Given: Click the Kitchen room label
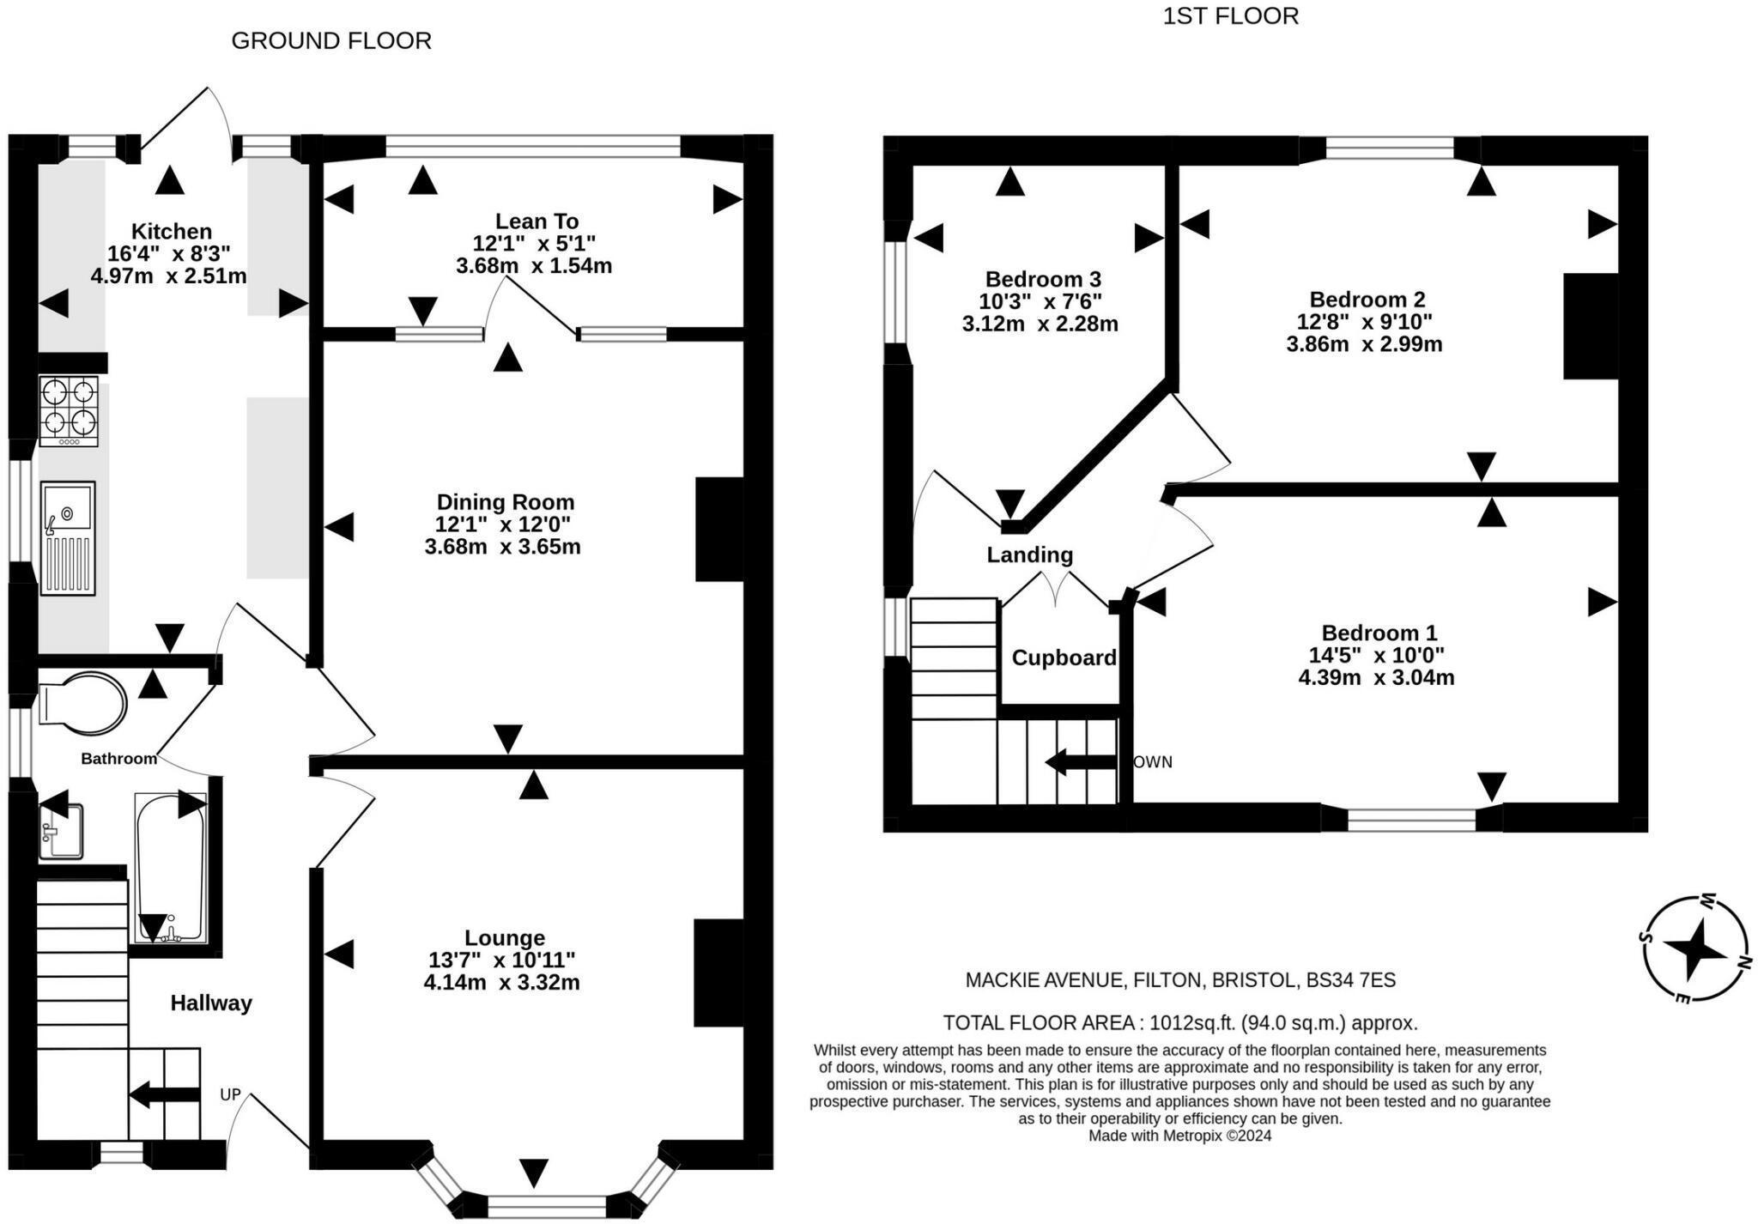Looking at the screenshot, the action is [x=172, y=231].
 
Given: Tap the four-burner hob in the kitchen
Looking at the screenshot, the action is [x=69, y=411].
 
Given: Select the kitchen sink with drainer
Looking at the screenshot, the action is [x=68, y=538].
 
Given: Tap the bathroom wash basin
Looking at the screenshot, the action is [x=61, y=830].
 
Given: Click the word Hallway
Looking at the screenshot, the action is [x=211, y=1003].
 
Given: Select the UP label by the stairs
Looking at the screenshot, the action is [x=230, y=1094].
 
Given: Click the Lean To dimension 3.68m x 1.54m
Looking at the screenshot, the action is [x=534, y=265].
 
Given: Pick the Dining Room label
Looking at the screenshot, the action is [x=506, y=502].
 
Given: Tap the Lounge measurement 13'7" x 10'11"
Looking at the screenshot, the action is [x=502, y=960].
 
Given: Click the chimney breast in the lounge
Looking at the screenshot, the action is [x=718, y=973].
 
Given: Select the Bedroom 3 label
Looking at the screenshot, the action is [x=1043, y=279].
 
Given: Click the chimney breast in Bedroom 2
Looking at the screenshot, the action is [x=1591, y=326].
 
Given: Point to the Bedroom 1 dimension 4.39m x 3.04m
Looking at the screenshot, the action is [x=1376, y=677].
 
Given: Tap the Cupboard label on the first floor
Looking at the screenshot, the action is [x=1064, y=657].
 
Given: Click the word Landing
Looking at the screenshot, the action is [x=1030, y=554].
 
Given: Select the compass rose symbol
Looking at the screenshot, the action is [x=1694, y=948].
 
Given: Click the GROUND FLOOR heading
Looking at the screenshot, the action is [x=331, y=40].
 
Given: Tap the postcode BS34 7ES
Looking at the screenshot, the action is [x=1351, y=979].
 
